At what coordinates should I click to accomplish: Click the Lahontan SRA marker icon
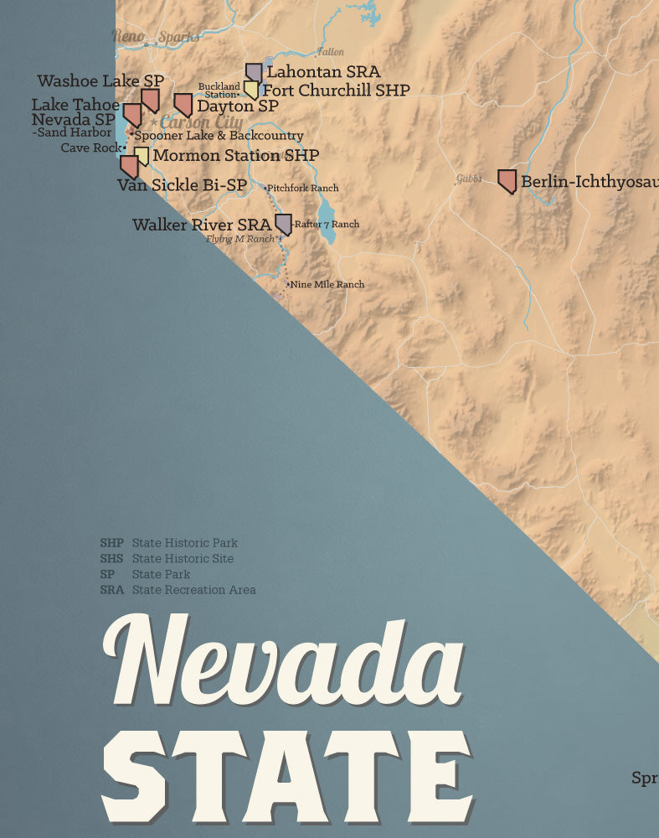click(254, 73)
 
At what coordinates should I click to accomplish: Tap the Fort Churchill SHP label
click(336, 91)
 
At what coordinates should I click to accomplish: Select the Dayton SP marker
click(183, 105)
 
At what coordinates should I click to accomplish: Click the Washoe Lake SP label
click(100, 81)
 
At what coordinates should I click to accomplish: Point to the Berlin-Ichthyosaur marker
click(507, 181)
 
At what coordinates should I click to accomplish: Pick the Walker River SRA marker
click(283, 224)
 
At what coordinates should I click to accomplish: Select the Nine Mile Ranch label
click(327, 285)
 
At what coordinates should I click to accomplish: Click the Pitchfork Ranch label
click(304, 189)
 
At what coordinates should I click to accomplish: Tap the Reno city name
click(128, 36)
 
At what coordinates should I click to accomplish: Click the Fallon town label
click(330, 52)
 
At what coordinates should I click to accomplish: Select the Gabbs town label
click(469, 178)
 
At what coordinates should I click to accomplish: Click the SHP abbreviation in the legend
click(111, 543)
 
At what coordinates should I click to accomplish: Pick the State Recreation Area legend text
click(193, 590)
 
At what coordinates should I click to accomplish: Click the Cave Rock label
click(91, 148)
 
